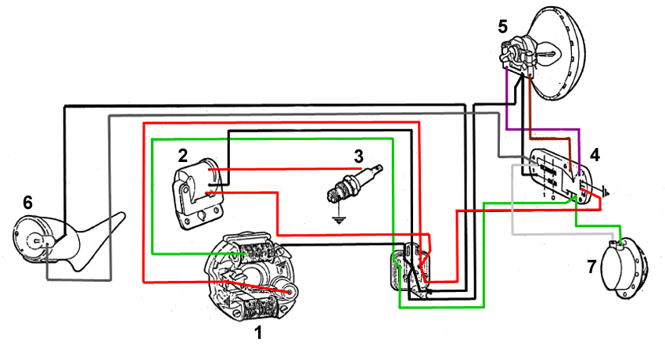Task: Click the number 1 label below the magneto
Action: click(258, 332)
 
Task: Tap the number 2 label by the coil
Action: click(182, 154)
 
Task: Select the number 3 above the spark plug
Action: click(358, 153)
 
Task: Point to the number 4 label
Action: click(595, 155)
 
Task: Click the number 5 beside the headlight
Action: click(503, 27)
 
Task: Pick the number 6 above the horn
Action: click(27, 203)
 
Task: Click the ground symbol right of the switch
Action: click(609, 190)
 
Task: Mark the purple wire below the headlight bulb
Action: click(508, 102)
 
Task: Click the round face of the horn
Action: click(33, 238)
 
